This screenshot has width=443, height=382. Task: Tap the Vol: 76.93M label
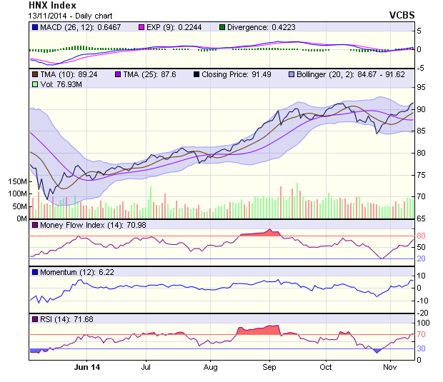(x=61, y=84)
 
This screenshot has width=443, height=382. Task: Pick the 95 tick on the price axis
(x=422, y=87)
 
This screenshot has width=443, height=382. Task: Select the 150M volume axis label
(x=16, y=181)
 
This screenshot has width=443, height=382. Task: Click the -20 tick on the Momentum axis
(x=422, y=313)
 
